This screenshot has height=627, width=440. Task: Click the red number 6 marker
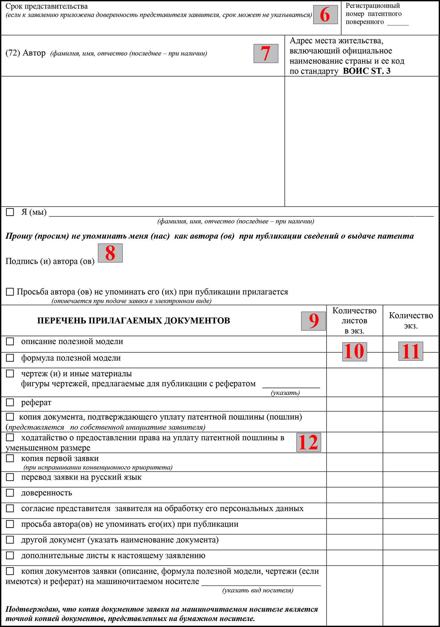(x=325, y=15)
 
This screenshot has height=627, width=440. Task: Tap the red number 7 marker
(x=266, y=54)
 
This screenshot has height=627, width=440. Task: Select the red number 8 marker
(x=110, y=253)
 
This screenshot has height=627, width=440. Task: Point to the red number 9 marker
(x=314, y=321)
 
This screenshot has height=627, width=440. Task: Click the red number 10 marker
(x=354, y=351)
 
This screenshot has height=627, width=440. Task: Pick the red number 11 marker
(x=411, y=351)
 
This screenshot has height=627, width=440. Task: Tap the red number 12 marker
(x=308, y=442)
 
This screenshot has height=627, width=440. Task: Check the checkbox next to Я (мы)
(x=10, y=212)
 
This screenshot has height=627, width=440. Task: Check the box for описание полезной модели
(x=10, y=341)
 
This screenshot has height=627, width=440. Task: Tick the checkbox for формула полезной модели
(x=10, y=358)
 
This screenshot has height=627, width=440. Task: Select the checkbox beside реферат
(x=10, y=402)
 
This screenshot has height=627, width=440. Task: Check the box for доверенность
(x=10, y=493)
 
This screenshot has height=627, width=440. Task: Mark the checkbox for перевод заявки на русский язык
(x=10, y=477)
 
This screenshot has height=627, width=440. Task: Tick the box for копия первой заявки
(x=10, y=458)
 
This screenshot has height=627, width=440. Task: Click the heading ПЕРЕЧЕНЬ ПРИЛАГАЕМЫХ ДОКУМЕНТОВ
(x=133, y=321)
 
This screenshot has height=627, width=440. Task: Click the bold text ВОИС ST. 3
(x=366, y=71)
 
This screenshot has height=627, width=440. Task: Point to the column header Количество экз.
(x=411, y=320)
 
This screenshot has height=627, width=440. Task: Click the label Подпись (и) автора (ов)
(x=50, y=262)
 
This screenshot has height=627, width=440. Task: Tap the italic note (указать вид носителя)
(x=258, y=590)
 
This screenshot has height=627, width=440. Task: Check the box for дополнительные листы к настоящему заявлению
(x=10, y=555)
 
